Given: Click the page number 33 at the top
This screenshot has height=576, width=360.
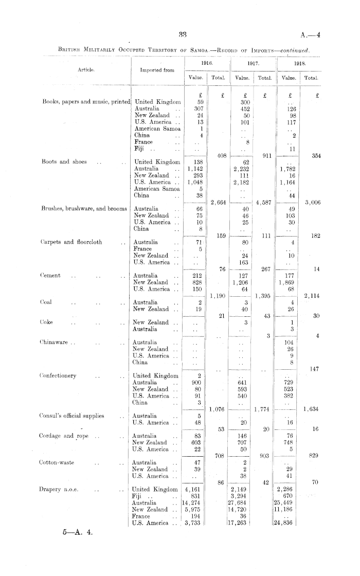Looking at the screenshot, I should click(x=183, y=34).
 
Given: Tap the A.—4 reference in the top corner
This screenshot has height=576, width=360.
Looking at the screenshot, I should click(x=309, y=35).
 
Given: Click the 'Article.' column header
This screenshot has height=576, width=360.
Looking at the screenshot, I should click(x=86, y=69).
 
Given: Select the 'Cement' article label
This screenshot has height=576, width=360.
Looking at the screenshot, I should click(x=51, y=275).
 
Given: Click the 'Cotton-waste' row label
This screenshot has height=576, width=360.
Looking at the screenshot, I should click(x=58, y=462).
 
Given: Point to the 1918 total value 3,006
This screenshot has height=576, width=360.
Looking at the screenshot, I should click(x=312, y=202).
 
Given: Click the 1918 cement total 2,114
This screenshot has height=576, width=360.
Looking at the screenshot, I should click(x=312, y=295).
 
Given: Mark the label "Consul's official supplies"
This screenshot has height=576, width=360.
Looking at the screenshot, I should click(x=73, y=416).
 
